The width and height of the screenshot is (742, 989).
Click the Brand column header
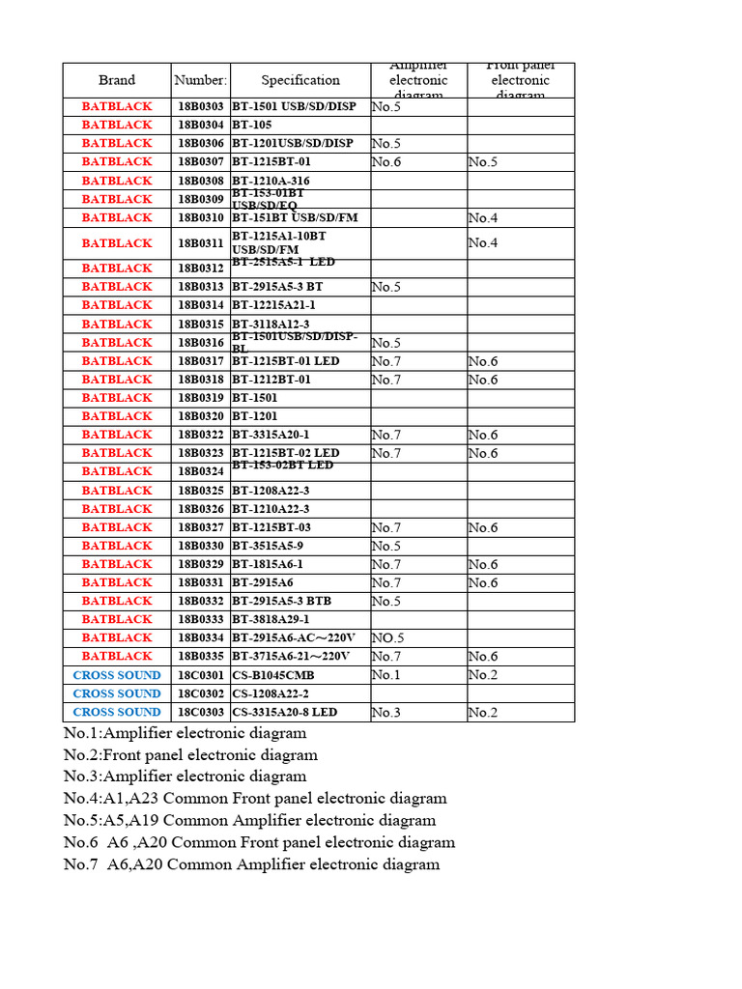point(117,80)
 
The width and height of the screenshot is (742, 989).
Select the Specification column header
point(300,80)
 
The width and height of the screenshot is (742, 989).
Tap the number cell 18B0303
point(201,106)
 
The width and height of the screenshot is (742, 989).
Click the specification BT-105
point(252,125)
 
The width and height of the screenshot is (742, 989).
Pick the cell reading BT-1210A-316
point(271,181)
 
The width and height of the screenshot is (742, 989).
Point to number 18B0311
point(201,243)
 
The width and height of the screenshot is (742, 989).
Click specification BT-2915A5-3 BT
point(277,287)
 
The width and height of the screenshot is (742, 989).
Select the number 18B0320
point(201,416)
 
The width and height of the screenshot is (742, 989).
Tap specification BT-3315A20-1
point(271,435)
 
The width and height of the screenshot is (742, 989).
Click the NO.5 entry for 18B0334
point(387,638)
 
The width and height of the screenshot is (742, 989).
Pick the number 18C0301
point(201,675)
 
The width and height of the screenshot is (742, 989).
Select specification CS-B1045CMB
point(272,675)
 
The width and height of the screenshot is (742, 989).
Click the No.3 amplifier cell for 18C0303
point(386,713)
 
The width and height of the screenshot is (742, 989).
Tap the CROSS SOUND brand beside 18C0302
point(117,693)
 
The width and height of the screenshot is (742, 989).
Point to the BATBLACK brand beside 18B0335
point(117,657)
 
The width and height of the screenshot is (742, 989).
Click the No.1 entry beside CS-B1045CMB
point(386,675)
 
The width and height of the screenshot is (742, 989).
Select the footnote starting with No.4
point(255,799)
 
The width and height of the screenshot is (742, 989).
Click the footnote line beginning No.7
point(251,864)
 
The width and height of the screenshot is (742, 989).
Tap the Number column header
point(201,80)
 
